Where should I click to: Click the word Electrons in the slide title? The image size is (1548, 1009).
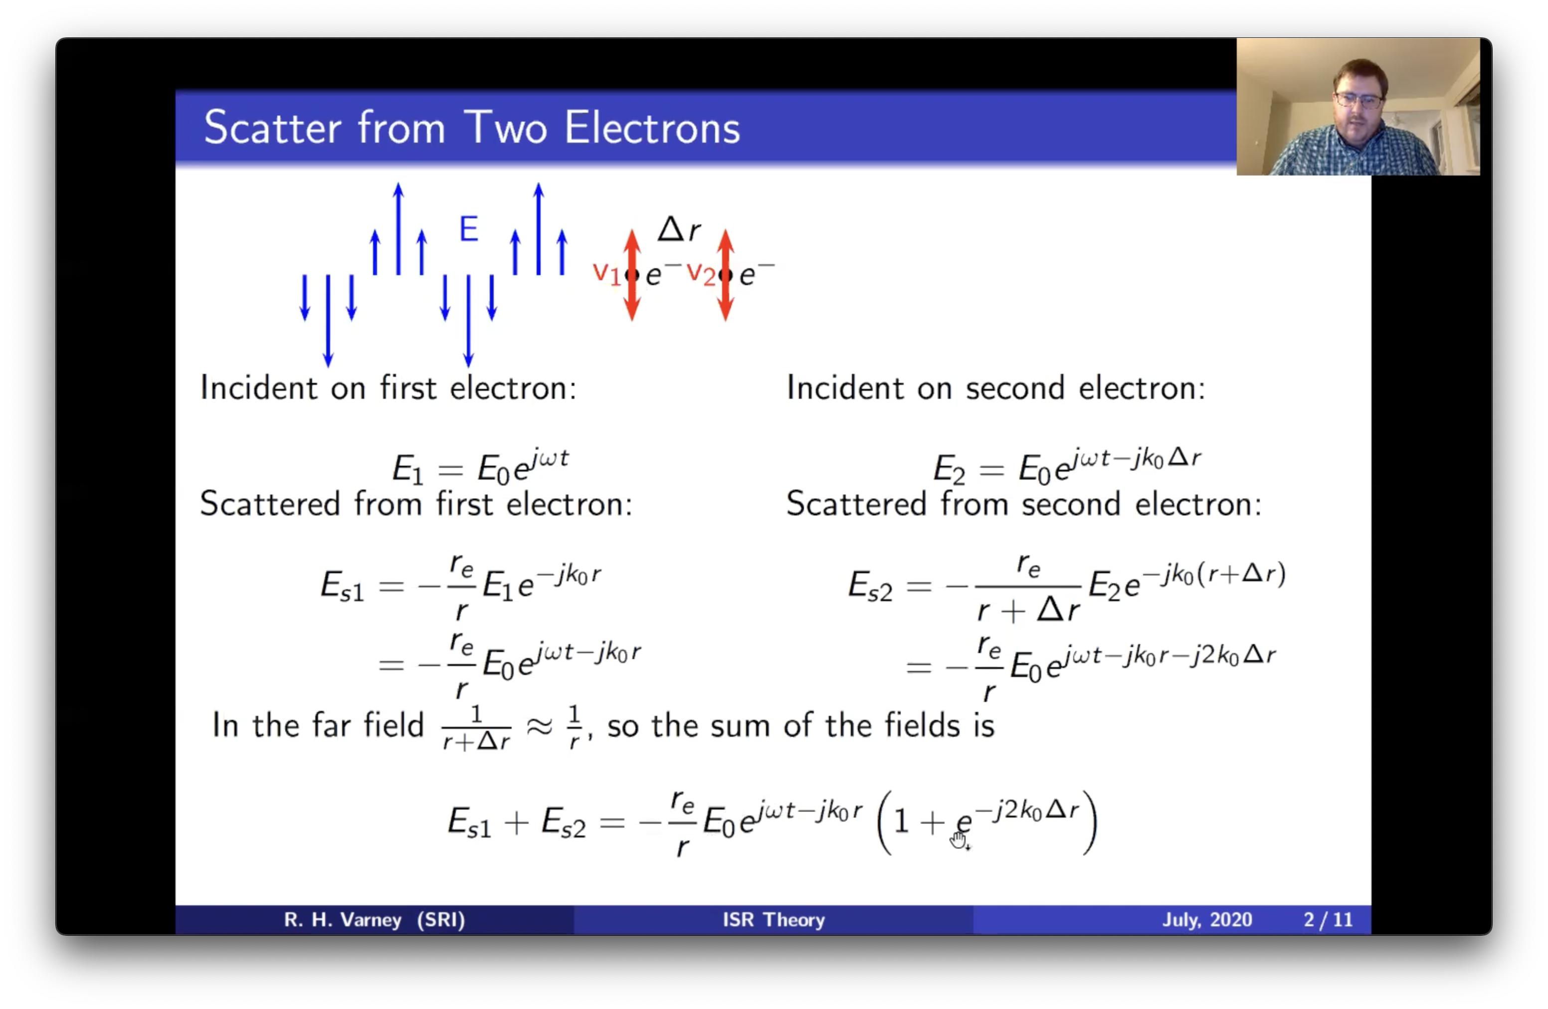pyautogui.click(x=652, y=128)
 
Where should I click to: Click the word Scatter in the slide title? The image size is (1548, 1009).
pyautogui.click(x=272, y=128)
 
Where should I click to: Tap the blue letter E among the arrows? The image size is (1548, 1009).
pyautogui.click(x=469, y=229)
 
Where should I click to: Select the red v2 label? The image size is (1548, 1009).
pyautogui.click(x=701, y=274)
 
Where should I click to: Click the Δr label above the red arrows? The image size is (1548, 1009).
pyautogui.click(x=678, y=229)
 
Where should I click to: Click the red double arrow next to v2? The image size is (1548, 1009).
pyautogui.click(x=726, y=275)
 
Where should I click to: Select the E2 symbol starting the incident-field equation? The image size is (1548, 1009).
pyautogui.click(x=949, y=470)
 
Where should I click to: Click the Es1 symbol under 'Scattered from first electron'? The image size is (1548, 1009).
pyautogui.click(x=342, y=585)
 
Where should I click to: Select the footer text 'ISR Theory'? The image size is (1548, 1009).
pyautogui.click(x=774, y=919)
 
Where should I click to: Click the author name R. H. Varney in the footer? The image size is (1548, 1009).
pyautogui.click(x=343, y=919)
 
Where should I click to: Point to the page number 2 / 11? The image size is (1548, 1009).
pyautogui.click(x=1328, y=919)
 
